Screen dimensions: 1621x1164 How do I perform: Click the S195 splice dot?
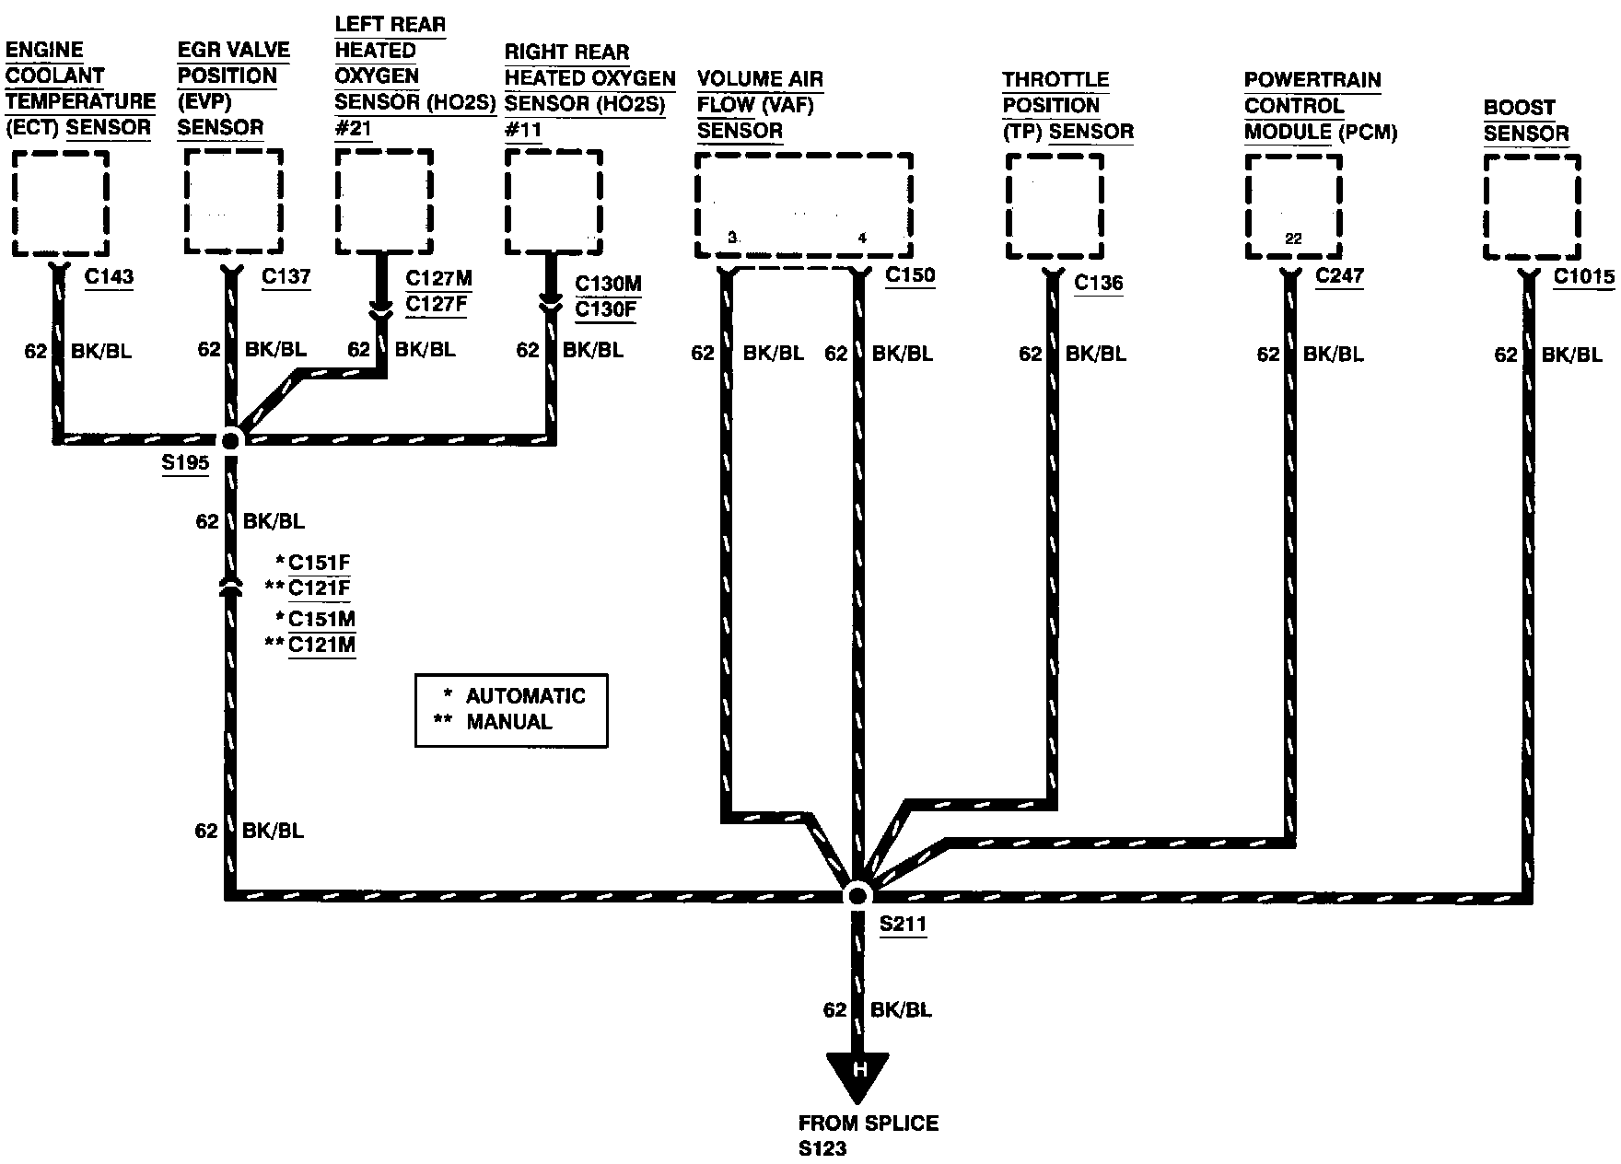pyautogui.click(x=230, y=441)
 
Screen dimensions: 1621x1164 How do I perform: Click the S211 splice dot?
pyautogui.click(x=857, y=895)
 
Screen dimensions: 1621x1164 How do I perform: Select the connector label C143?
pyautogui.click(x=109, y=275)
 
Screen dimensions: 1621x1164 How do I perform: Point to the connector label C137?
pyautogui.click(x=286, y=275)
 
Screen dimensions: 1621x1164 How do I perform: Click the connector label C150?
pyautogui.click(x=910, y=274)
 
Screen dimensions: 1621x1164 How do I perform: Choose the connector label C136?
pyautogui.click(x=1099, y=282)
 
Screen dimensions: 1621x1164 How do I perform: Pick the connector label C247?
pyautogui.click(x=1340, y=274)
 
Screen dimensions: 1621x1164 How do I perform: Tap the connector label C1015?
pyautogui.click(x=1584, y=275)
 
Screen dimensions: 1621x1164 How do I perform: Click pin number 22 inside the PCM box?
pyautogui.click(x=1293, y=239)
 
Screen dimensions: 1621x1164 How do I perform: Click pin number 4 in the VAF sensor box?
pyautogui.click(x=862, y=239)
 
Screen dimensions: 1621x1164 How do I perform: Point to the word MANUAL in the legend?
pyautogui.click(x=509, y=722)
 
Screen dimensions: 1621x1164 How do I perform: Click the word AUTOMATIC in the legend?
pyautogui.click(x=526, y=696)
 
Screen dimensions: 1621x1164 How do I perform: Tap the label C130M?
pyautogui.click(x=609, y=285)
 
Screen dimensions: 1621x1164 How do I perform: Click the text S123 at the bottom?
pyautogui.click(x=822, y=1148)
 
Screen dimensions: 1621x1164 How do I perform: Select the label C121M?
pyautogui.click(x=321, y=644)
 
